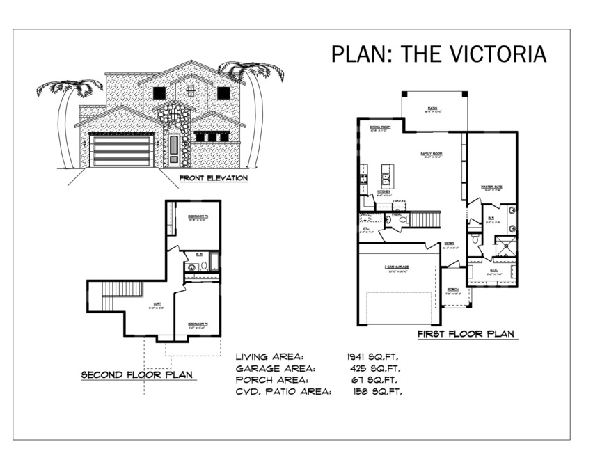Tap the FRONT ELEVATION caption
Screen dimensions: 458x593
point(214,178)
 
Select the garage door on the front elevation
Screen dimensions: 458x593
point(122,151)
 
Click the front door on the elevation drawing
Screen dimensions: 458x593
point(174,149)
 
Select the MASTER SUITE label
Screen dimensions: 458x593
point(491,187)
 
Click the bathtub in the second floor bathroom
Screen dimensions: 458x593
point(214,264)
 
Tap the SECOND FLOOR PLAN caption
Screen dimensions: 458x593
point(138,375)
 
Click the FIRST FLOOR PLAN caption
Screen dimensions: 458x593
point(466,334)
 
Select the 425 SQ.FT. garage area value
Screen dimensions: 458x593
point(374,368)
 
